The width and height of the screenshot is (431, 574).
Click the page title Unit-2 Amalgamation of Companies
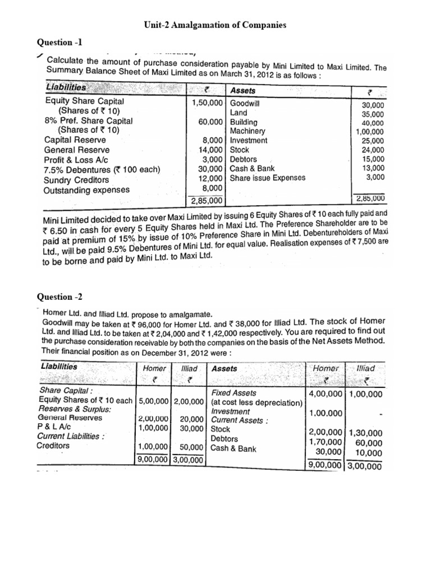pyautogui.click(x=215, y=25)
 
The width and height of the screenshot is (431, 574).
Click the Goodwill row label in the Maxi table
pyautogui.click(x=247, y=103)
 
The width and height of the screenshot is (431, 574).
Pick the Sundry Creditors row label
pyautogui.click(x=76, y=180)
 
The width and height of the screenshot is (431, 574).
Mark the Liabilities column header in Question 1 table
pyautogui.click(x=66, y=88)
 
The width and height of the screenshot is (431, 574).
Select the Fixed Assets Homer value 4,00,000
pyautogui.click(x=325, y=394)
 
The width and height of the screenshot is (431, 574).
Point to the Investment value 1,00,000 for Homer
pyautogui.click(x=325, y=413)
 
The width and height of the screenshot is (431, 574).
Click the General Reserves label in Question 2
pyautogui.click(x=70, y=418)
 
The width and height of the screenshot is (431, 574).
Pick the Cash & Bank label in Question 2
pyautogui.click(x=233, y=448)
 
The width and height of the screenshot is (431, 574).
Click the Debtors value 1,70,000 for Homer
pyautogui.click(x=325, y=442)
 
